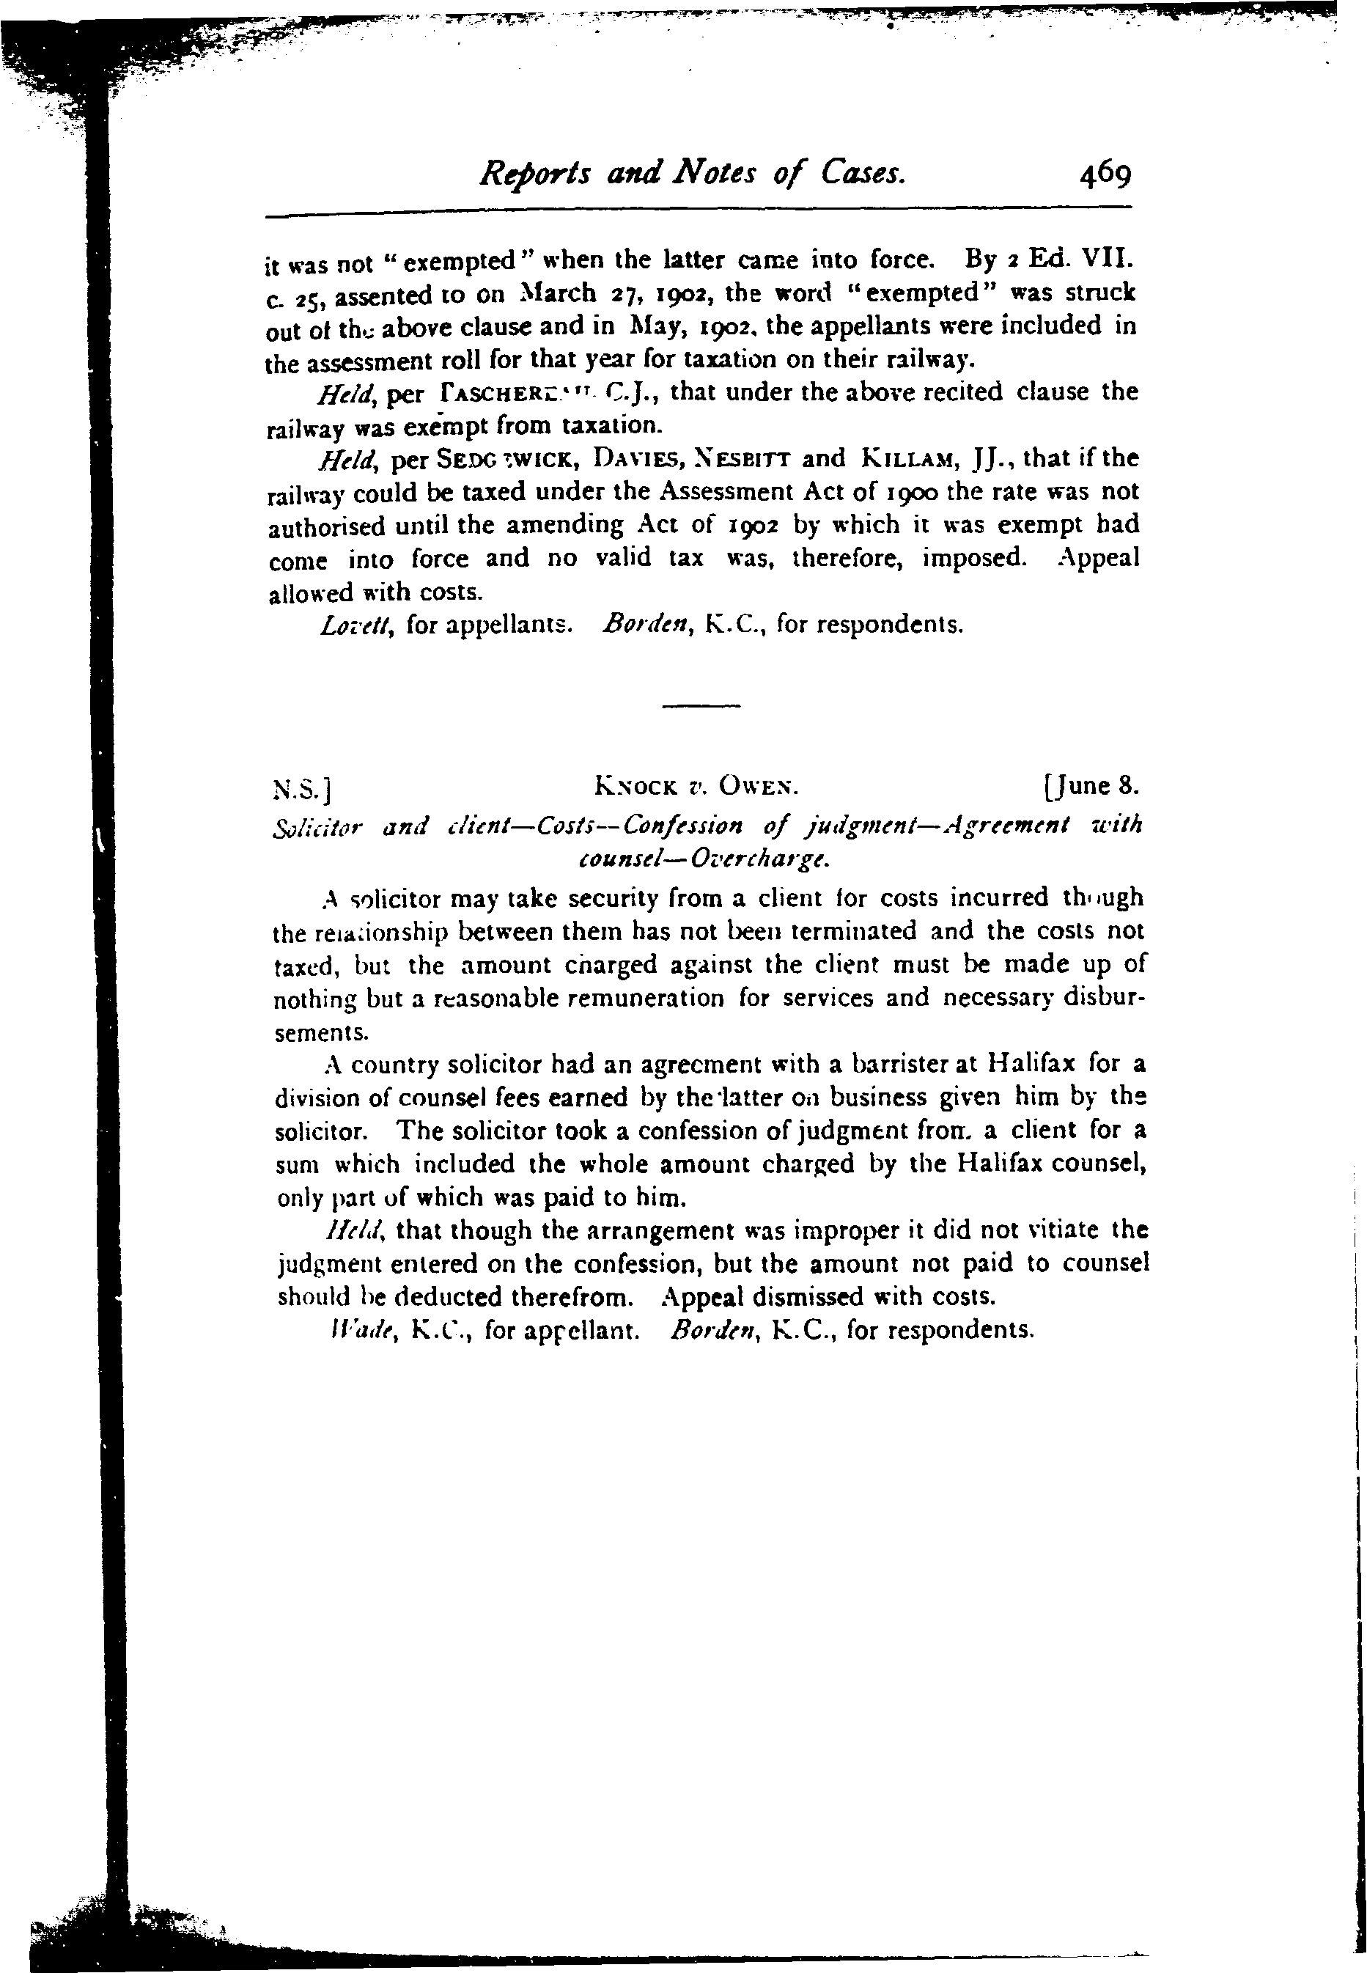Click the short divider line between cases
pyautogui.click(x=701, y=706)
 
